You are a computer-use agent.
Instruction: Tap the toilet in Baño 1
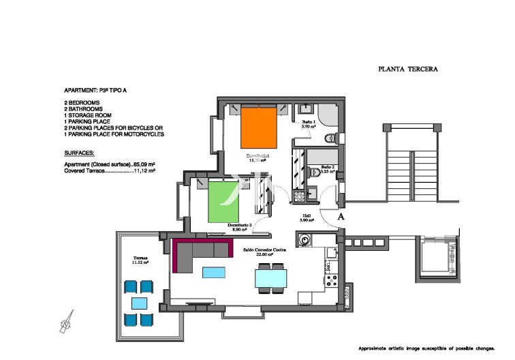tap(330, 138)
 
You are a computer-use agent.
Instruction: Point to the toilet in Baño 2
tap(315, 173)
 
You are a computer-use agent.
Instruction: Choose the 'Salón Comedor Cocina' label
tap(265, 250)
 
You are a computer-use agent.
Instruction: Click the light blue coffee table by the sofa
tap(213, 272)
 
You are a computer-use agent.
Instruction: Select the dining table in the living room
tap(270, 278)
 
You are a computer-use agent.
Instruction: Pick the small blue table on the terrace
tap(139, 303)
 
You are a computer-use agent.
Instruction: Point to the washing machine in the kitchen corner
tap(303, 240)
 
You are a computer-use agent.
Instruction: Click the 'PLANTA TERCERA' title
tap(407, 70)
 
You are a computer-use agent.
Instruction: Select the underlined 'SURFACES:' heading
tap(79, 153)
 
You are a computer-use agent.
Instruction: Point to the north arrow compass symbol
tap(67, 320)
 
